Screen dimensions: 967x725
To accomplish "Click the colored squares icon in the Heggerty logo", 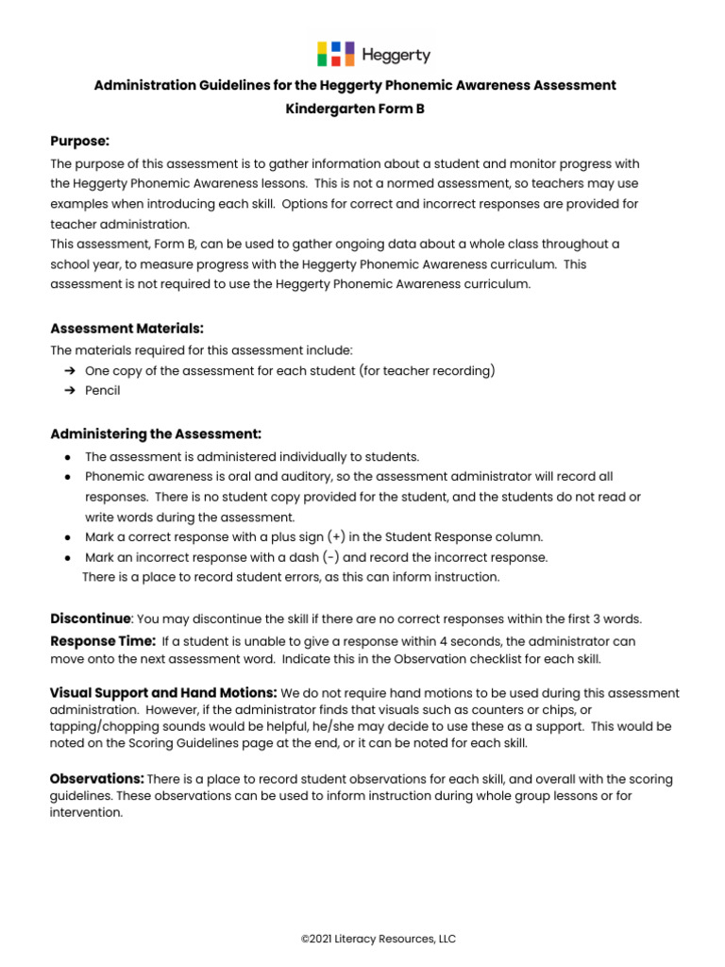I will [335, 54].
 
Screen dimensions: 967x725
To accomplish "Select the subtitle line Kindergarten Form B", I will [355, 109].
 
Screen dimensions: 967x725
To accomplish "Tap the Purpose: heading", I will [79, 141].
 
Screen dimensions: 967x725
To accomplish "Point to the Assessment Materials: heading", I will [126, 329].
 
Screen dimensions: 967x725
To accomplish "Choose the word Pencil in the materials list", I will [103, 390].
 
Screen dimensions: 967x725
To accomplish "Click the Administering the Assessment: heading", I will [155, 433].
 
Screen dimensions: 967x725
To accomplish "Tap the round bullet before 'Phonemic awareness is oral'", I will [69, 478].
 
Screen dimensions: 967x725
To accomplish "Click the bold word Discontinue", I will [90, 619].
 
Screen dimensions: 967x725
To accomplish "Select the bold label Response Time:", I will [102, 640].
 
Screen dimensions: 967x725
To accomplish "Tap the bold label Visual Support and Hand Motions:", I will [162, 693].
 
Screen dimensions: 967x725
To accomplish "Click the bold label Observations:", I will [96, 778].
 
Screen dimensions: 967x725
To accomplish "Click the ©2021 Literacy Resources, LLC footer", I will [378, 939].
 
